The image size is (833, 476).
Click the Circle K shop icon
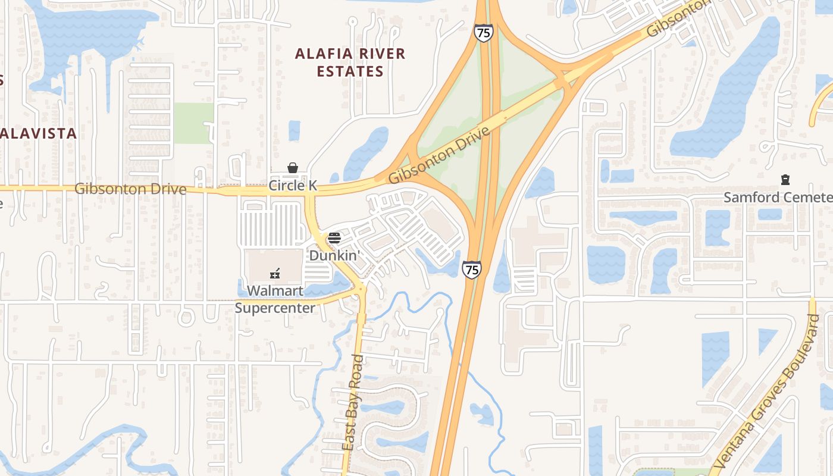[x=293, y=168]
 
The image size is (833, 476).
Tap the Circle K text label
[x=293, y=186]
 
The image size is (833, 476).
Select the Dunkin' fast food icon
[x=334, y=239]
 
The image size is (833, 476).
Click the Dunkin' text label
[x=334, y=255]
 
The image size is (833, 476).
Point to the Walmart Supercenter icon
[x=275, y=274]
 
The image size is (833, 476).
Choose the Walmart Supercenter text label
[x=275, y=299]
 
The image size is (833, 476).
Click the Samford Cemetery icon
[x=785, y=180]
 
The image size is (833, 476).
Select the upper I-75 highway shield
[x=484, y=33]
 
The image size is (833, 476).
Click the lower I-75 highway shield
[x=472, y=270]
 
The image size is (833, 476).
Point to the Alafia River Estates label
[x=350, y=62]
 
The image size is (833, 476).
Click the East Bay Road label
[x=353, y=402]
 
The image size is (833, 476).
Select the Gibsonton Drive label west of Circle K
[x=130, y=189]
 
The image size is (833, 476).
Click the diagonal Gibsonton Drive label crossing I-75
[x=439, y=155]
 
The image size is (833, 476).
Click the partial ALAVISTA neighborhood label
[x=39, y=133]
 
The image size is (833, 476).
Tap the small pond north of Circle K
[x=294, y=130]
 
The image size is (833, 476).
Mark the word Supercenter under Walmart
[x=275, y=308]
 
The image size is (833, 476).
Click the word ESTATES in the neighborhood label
[x=350, y=72]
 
